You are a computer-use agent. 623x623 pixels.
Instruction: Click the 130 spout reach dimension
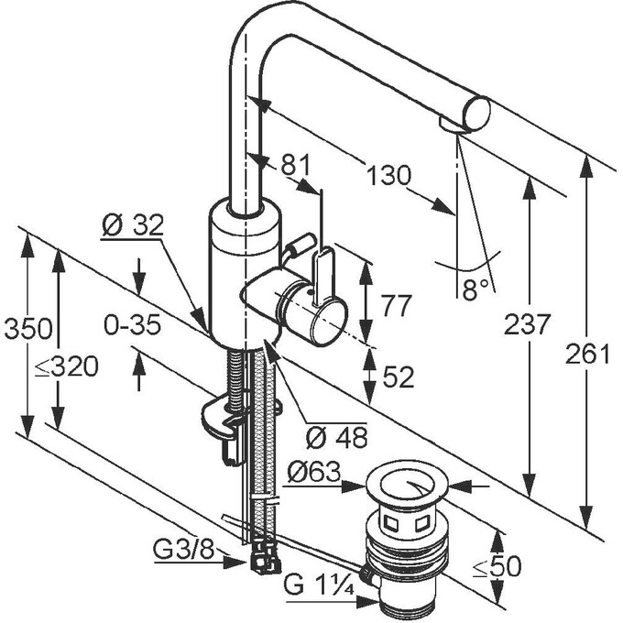pyautogui.click(x=388, y=175)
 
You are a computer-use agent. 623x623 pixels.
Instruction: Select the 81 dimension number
pyautogui.click(x=294, y=165)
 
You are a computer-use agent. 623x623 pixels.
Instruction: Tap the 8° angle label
pyautogui.click(x=475, y=289)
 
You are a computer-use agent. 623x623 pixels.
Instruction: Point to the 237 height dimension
pyautogui.click(x=527, y=323)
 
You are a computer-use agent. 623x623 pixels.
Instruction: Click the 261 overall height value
pyautogui.click(x=587, y=354)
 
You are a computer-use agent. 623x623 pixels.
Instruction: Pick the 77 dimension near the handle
pyautogui.click(x=396, y=306)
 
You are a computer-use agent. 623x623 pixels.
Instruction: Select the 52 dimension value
pyautogui.click(x=398, y=377)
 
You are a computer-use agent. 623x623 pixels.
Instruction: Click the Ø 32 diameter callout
pyautogui.click(x=132, y=226)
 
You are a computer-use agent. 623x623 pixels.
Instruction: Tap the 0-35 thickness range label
pyautogui.click(x=132, y=324)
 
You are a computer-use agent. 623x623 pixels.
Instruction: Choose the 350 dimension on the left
pyautogui.click(x=27, y=329)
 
